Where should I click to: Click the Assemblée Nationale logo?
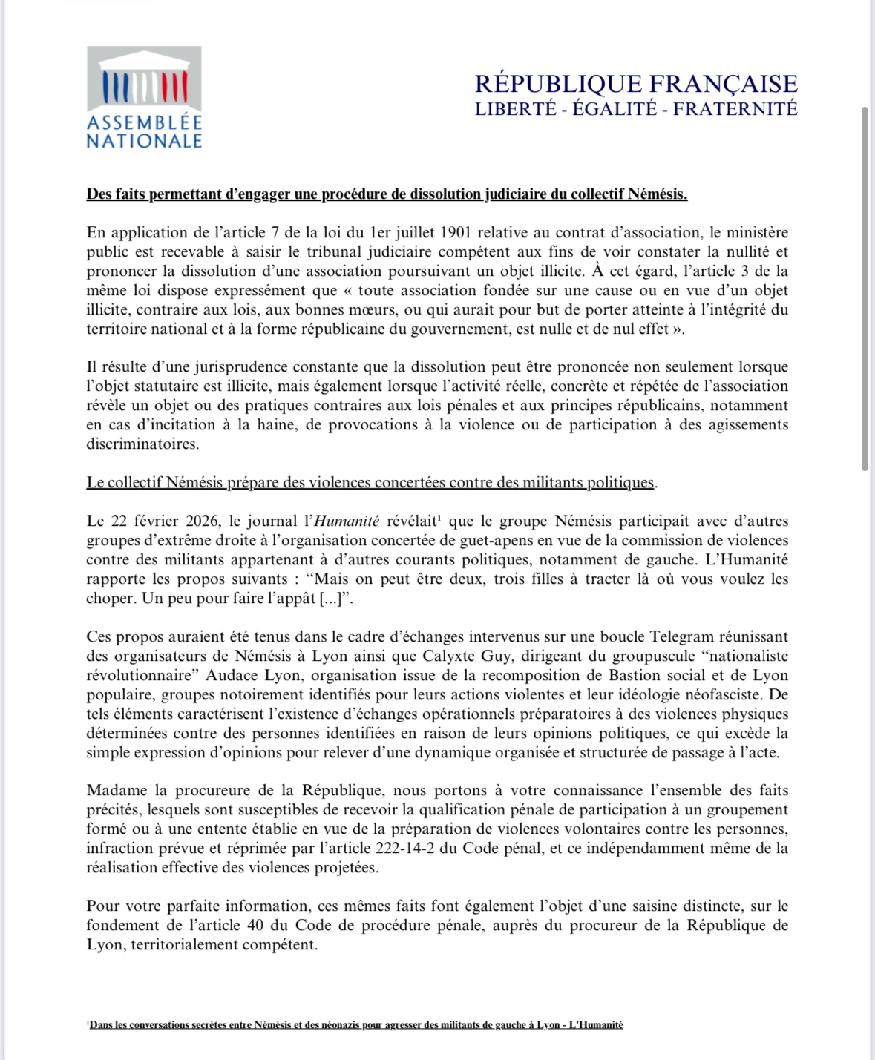144,97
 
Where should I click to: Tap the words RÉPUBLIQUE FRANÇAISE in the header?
636,83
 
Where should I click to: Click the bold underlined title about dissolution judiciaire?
387,194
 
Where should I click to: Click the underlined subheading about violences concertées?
370,483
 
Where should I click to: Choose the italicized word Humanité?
347,521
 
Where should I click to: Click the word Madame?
117,791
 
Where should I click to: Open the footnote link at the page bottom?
355,1025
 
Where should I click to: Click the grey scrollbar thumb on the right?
865,289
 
